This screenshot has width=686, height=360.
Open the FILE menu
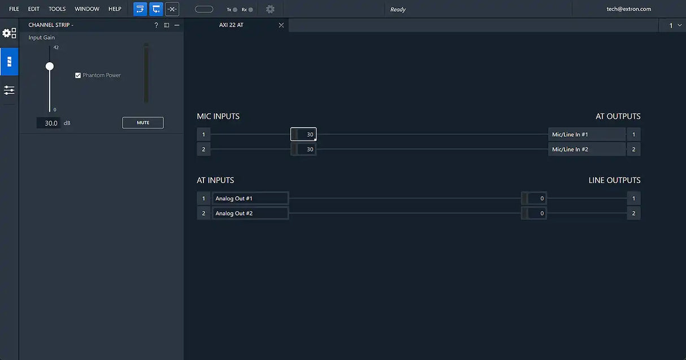click(x=14, y=9)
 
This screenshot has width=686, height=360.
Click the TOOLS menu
click(x=57, y=9)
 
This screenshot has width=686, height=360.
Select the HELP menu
click(x=115, y=9)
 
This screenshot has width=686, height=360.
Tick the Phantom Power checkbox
click(x=78, y=75)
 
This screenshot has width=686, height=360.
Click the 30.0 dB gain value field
click(x=49, y=123)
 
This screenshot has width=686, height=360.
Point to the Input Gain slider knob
click(x=50, y=66)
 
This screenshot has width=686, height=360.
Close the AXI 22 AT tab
click(x=281, y=25)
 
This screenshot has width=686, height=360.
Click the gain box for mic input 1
click(x=304, y=135)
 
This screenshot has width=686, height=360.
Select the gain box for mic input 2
click(x=304, y=149)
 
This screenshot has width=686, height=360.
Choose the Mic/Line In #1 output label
click(x=587, y=135)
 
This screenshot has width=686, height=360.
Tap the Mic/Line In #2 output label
click(x=587, y=149)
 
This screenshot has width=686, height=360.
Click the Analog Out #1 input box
click(x=250, y=198)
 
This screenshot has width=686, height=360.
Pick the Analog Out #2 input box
click(x=250, y=213)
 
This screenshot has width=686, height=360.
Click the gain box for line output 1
click(x=534, y=198)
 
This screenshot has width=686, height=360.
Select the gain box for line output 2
click(x=534, y=213)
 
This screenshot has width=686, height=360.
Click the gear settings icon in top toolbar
click(x=270, y=9)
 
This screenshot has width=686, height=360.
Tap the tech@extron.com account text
click(x=629, y=9)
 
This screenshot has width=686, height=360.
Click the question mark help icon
click(x=156, y=25)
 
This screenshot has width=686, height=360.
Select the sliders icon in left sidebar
click(x=9, y=90)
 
